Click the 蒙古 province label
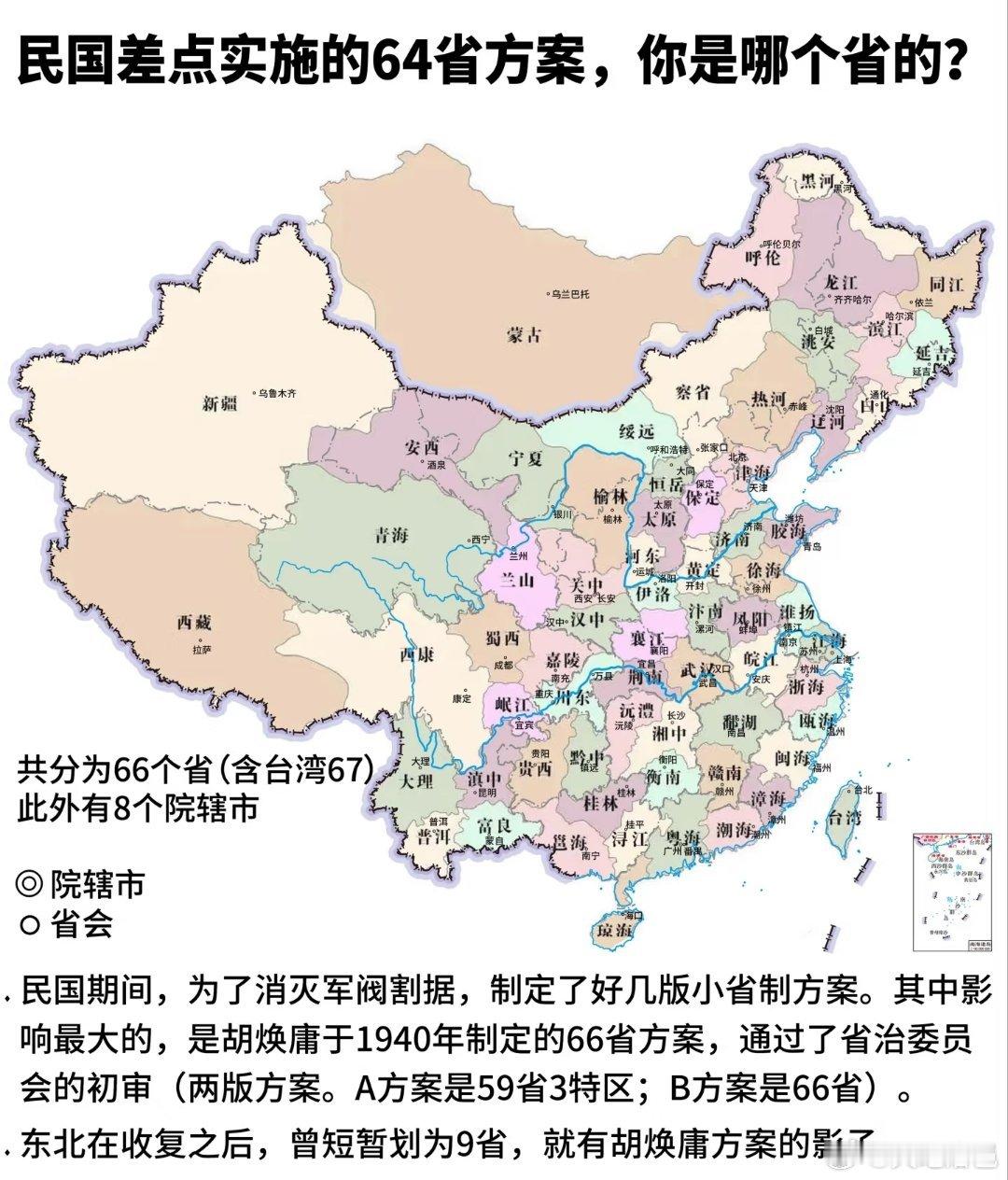524,335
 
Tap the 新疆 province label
221,403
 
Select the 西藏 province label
196,623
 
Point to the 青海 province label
391,536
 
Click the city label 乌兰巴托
570,294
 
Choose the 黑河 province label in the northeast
812,183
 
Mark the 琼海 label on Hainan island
614,931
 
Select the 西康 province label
416,655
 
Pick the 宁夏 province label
525,458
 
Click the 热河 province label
770,399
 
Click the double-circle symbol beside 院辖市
30,883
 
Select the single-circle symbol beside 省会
30,924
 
